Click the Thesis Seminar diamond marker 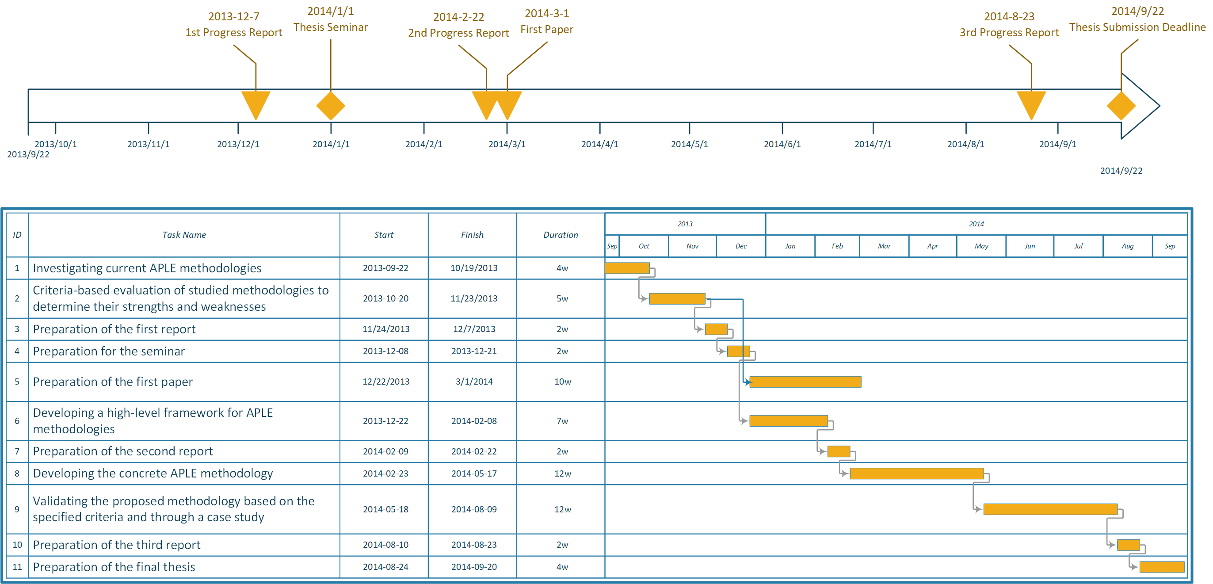point(331,106)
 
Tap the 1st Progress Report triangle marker point(256,103)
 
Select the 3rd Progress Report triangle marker point(1031,103)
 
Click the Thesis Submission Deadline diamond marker point(1121,106)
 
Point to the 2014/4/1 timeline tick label point(599,144)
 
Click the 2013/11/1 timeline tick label point(149,144)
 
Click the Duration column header point(561,235)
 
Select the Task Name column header point(184,235)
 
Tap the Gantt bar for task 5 point(805,382)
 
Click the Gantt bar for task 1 point(627,268)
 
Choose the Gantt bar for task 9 point(1050,509)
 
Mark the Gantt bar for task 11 point(1162,567)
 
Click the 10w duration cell point(562,382)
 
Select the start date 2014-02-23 point(385,473)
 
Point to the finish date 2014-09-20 point(474,567)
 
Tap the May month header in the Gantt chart point(981,246)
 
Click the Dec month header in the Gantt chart point(741,246)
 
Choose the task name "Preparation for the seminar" point(109,351)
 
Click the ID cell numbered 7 point(17,451)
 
